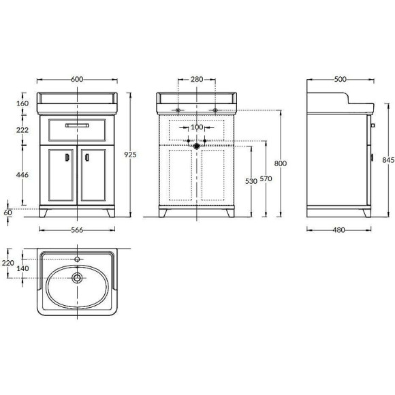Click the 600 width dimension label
coord(77,79)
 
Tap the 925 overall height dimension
coord(130,155)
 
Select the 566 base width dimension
coord(77,230)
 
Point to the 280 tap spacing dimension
coord(197,79)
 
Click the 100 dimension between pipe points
coord(197,127)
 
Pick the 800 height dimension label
coord(281,163)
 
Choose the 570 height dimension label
coord(266,178)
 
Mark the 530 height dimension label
coord(251,181)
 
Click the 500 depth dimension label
coord(341,79)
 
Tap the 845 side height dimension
coord(388,160)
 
